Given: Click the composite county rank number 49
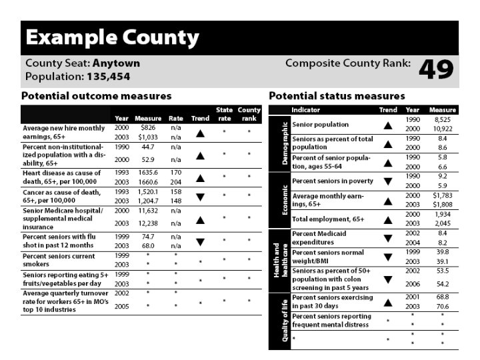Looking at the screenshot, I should tap(436, 69).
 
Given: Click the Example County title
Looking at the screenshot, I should tap(112, 37).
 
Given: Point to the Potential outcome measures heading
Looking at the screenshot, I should tap(96, 96).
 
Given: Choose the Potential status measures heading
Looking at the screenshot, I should tap(337, 96).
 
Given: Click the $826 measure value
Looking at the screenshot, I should tap(148, 127).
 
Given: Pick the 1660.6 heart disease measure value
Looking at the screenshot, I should tap(148, 181).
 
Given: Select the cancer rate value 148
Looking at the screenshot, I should tap(176, 200).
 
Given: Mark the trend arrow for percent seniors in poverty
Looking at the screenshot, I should tap(388, 181).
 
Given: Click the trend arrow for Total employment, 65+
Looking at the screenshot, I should tap(388, 219).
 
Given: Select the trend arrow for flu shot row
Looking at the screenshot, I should tap(200, 242).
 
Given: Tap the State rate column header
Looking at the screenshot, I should tap(225, 114).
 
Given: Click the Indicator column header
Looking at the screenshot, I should tap(306, 110).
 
